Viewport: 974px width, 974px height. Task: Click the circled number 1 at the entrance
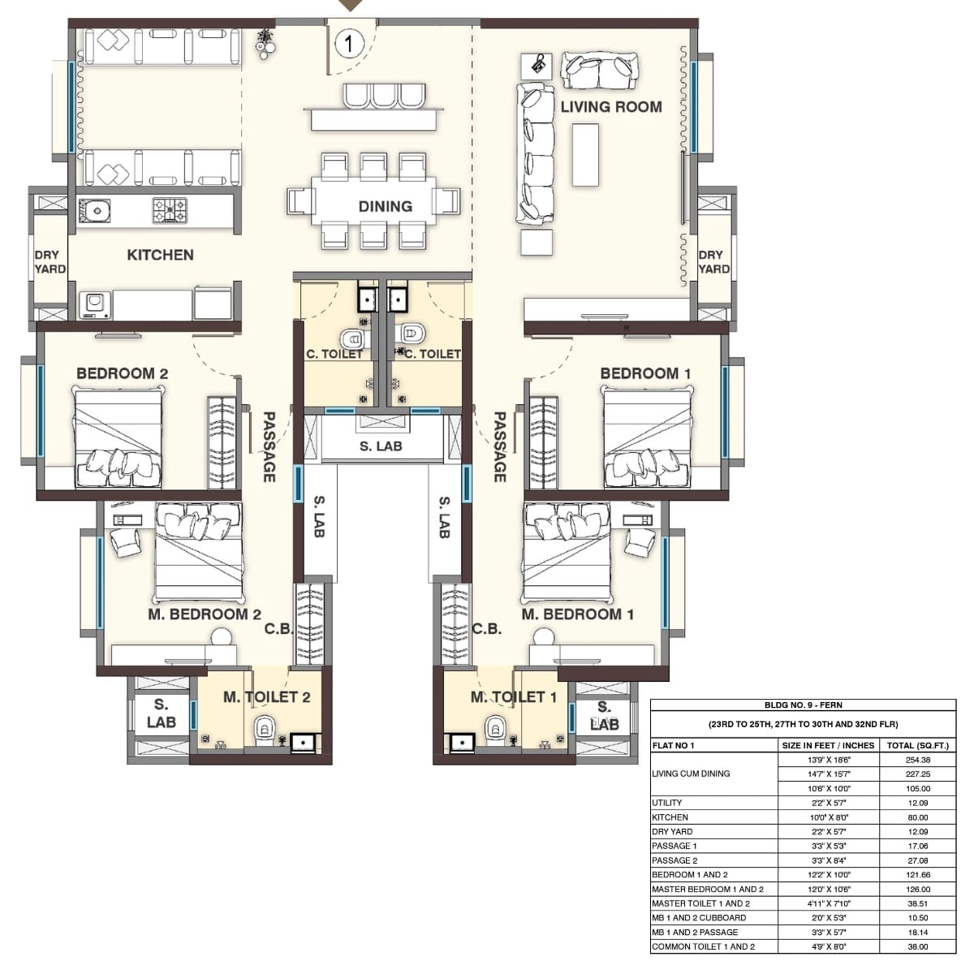pyautogui.click(x=349, y=43)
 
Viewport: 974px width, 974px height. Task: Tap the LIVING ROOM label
pyautogui.click(x=610, y=106)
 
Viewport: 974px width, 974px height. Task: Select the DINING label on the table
pyautogui.click(x=385, y=206)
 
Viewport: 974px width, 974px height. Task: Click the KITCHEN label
pyautogui.click(x=160, y=255)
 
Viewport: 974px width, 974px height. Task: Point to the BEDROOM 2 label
pyautogui.click(x=122, y=373)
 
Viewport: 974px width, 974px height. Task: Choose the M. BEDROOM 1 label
pyautogui.click(x=577, y=614)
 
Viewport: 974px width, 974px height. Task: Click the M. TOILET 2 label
pyautogui.click(x=266, y=697)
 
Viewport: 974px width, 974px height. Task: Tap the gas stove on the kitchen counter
pyautogui.click(x=170, y=210)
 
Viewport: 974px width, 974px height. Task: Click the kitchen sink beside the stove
pyautogui.click(x=94, y=211)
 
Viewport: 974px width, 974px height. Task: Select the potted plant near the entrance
pyautogui.click(x=265, y=43)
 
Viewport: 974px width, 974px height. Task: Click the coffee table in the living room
pyautogui.click(x=584, y=155)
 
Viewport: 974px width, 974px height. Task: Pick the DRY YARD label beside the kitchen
pyautogui.click(x=50, y=261)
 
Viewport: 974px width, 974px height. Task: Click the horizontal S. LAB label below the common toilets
pyautogui.click(x=381, y=446)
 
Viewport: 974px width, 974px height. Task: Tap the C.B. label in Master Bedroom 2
pyautogui.click(x=278, y=629)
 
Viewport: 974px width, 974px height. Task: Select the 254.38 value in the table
pyautogui.click(x=917, y=760)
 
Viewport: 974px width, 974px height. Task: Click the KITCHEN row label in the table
pyautogui.click(x=670, y=817)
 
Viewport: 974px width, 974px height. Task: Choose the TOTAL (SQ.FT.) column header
pyautogui.click(x=917, y=745)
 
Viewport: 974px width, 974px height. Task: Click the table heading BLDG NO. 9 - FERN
pyautogui.click(x=803, y=705)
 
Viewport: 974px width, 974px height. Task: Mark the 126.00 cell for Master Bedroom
pyautogui.click(x=917, y=889)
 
